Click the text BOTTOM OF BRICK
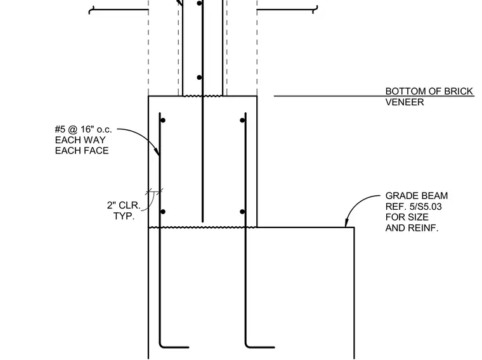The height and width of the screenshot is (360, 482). pyautogui.click(x=429, y=91)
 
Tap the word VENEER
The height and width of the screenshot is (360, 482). pyautogui.click(x=405, y=102)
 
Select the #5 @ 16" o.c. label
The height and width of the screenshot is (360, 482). pyautogui.click(x=83, y=129)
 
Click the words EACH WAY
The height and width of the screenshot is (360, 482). pyautogui.click(x=81, y=140)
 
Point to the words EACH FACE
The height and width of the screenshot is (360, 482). pyautogui.click(x=82, y=151)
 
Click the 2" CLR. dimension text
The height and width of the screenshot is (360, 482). pyautogui.click(x=124, y=205)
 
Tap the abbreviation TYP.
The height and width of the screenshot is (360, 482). pyautogui.click(x=124, y=216)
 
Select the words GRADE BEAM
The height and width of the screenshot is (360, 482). pyautogui.click(x=417, y=196)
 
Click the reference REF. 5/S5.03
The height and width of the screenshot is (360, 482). pyautogui.click(x=414, y=207)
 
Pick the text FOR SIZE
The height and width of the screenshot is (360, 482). pyautogui.click(x=407, y=217)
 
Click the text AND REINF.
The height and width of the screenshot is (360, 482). pyautogui.click(x=412, y=228)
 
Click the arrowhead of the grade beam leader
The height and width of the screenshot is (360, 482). pyautogui.click(x=346, y=224)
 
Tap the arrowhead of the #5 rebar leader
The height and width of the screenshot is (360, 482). pyautogui.click(x=157, y=151)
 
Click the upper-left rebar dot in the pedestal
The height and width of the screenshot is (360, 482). pyautogui.click(x=163, y=120)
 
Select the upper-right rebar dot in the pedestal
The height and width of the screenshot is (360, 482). pyautogui.click(x=242, y=120)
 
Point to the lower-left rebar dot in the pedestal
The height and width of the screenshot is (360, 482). pyautogui.click(x=163, y=212)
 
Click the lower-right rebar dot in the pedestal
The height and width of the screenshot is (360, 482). pyautogui.click(x=242, y=212)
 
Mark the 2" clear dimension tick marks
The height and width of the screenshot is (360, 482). pyautogui.click(x=154, y=193)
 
